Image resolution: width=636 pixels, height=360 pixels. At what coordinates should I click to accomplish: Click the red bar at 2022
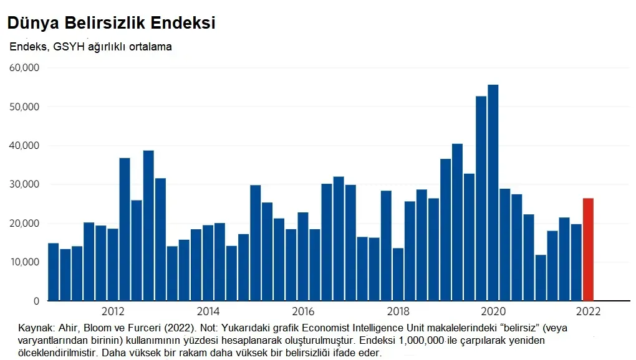point(588,249)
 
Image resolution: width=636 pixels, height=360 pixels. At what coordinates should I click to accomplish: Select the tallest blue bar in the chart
point(493,193)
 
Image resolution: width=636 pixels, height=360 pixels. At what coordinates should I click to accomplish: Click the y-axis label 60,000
point(24,68)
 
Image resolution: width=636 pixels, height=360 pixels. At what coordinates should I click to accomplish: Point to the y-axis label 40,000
point(24,146)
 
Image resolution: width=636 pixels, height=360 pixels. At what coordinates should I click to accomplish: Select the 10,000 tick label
point(24,262)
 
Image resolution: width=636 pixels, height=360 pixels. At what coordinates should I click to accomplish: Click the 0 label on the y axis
point(36,301)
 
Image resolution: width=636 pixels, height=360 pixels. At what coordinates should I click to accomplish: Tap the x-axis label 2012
point(113,311)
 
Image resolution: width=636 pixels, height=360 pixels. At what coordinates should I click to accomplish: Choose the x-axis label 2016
point(302,311)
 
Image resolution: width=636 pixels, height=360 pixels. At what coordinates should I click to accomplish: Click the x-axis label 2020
point(493,311)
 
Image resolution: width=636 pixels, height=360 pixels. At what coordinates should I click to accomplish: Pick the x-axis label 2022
point(587,311)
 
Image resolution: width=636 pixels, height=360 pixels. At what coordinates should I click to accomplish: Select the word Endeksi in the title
point(186,23)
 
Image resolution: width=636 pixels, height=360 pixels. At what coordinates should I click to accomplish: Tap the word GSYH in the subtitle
point(65,47)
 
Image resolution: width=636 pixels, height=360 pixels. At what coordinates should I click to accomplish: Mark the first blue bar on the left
point(53,272)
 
